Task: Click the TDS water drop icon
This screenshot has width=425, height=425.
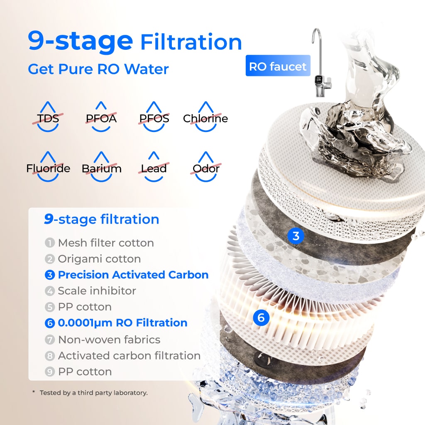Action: [48, 117]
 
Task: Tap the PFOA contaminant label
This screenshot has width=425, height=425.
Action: [101, 119]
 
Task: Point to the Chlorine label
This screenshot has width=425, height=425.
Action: [205, 119]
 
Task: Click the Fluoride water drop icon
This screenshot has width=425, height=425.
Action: [48, 166]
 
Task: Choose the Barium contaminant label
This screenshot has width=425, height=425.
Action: [101, 169]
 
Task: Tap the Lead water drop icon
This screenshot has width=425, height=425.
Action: [154, 166]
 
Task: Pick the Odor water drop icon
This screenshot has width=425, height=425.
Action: [205, 166]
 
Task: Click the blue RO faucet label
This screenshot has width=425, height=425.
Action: [278, 66]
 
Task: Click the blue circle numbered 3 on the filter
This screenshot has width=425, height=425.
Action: [296, 236]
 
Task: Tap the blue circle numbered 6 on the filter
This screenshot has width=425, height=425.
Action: [261, 318]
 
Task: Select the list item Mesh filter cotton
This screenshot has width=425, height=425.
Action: [105, 243]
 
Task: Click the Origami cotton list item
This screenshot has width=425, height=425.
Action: [99, 259]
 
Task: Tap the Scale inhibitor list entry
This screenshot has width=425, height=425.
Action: [97, 291]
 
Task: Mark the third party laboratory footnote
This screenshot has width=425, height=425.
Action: [93, 392]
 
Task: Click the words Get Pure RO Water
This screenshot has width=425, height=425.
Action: [98, 69]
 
